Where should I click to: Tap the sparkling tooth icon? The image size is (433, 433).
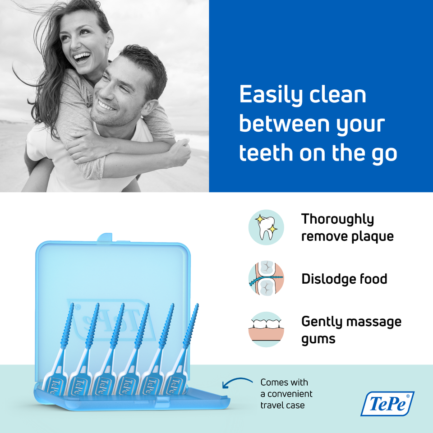[x=267, y=227]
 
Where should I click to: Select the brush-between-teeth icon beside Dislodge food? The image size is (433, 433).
[x=267, y=278]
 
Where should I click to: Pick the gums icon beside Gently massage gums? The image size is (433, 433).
[x=267, y=329]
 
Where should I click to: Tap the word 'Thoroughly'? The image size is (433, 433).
[x=337, y=220]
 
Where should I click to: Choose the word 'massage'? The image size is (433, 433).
[x=373, y=322]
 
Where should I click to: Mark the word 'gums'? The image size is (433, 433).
[x=318, y=339]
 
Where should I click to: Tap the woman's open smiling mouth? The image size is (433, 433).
[x=82, y=57]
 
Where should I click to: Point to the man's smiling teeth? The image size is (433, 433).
[x=106, y=106]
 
